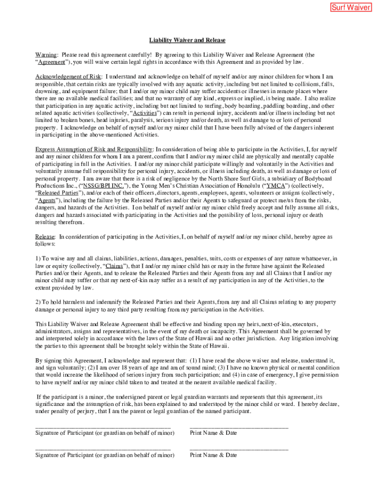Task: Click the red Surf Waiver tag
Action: [351, 7]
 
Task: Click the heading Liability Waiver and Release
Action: [187, 40]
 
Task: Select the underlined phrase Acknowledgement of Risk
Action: [69, 77]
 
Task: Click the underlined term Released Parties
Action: [55, 193]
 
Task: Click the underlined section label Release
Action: [45, 237]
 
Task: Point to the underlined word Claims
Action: [113, 266]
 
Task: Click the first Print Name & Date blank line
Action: [239, 427]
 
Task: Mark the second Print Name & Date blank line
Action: [239, 449]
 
